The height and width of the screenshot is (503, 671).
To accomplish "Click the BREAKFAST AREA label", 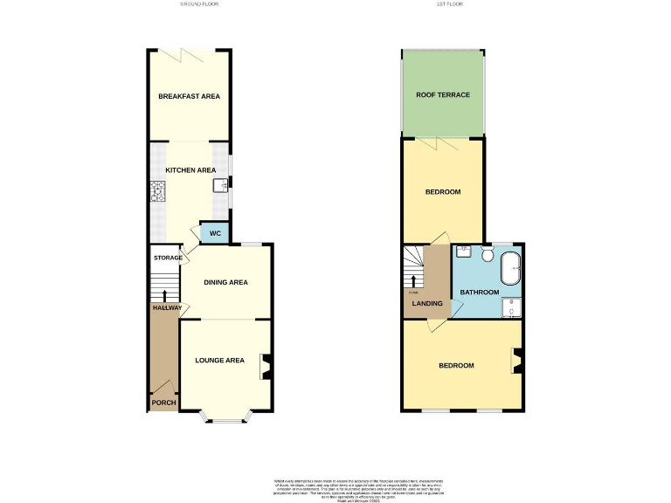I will click(x=189, y=96).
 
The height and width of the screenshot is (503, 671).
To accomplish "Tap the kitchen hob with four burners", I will click(x=158, y=191).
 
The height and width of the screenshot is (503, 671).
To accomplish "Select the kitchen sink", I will click(x=219, y=184).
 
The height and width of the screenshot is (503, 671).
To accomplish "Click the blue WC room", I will click(x=214, y=234).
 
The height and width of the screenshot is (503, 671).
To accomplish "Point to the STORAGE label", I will click(x=168, y=258).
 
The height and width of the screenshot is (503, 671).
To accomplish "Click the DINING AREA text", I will click(x=225, y=282).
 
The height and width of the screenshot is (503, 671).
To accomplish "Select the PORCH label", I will click(x=163, y=403).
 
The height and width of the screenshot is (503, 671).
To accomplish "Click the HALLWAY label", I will click(x=167, y=307).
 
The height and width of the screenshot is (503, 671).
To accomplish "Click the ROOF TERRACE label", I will click(x=442, y=94).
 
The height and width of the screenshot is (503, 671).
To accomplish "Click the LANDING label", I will click(x=427, y=304).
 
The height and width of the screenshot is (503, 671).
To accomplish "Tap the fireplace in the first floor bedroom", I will click(x=516, y=359).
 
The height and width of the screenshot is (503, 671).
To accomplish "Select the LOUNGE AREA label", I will click(x=219, y=359).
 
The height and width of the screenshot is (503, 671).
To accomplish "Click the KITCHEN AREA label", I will click(x=190, y=170).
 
